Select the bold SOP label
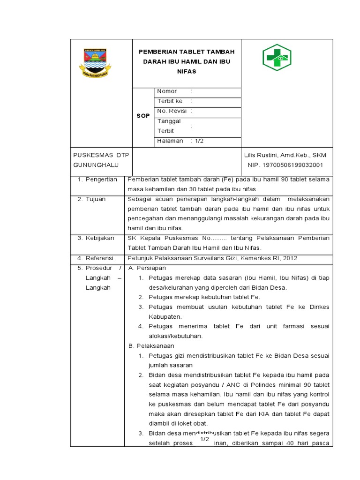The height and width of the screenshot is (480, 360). tap(143, 116)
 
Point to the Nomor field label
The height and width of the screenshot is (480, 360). tap(167, 91)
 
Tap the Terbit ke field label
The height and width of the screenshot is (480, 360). tap(170, 101)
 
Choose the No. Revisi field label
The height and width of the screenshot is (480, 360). tap(172, 111)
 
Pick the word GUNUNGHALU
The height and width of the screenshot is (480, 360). tap(96, 165)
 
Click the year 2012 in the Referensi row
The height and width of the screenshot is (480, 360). tap(289, 258)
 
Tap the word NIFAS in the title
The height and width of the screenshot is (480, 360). tap(186, 72)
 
